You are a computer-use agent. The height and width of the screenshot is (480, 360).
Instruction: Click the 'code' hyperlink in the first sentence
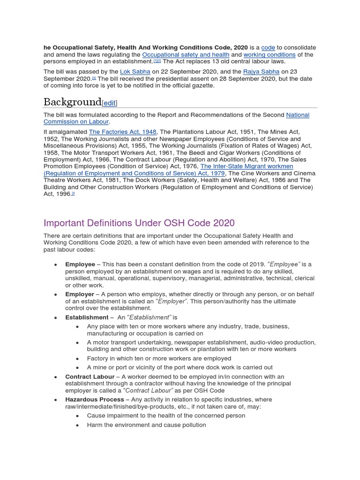268,48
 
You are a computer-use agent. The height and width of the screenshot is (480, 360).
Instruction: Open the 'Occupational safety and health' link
186,55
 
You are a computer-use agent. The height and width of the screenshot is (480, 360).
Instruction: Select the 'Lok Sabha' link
135,72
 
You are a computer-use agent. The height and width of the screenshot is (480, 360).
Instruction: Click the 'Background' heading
72,102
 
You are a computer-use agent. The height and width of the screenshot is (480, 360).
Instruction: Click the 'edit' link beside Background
109,103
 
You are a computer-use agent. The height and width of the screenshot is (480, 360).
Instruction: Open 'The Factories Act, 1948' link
123,132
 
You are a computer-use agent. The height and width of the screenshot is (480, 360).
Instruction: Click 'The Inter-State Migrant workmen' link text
247,166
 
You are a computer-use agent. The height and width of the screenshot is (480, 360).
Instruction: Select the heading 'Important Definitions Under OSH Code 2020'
139,223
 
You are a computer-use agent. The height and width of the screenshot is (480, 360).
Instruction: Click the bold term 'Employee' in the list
80,264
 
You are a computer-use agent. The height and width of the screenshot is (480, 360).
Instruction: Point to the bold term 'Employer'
80,294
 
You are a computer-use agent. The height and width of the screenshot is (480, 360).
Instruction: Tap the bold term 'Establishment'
87,317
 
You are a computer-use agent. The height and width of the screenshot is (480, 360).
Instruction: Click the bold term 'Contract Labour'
90,377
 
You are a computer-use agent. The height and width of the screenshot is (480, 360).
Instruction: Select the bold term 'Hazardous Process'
95,400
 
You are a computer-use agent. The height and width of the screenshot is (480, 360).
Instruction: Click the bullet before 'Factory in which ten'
77,359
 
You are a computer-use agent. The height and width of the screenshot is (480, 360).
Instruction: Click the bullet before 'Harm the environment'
77,425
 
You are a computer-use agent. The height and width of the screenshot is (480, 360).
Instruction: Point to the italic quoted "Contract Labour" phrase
148,390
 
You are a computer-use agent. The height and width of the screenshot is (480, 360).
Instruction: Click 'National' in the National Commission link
298,115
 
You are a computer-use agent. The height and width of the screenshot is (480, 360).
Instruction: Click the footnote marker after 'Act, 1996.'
73,193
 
